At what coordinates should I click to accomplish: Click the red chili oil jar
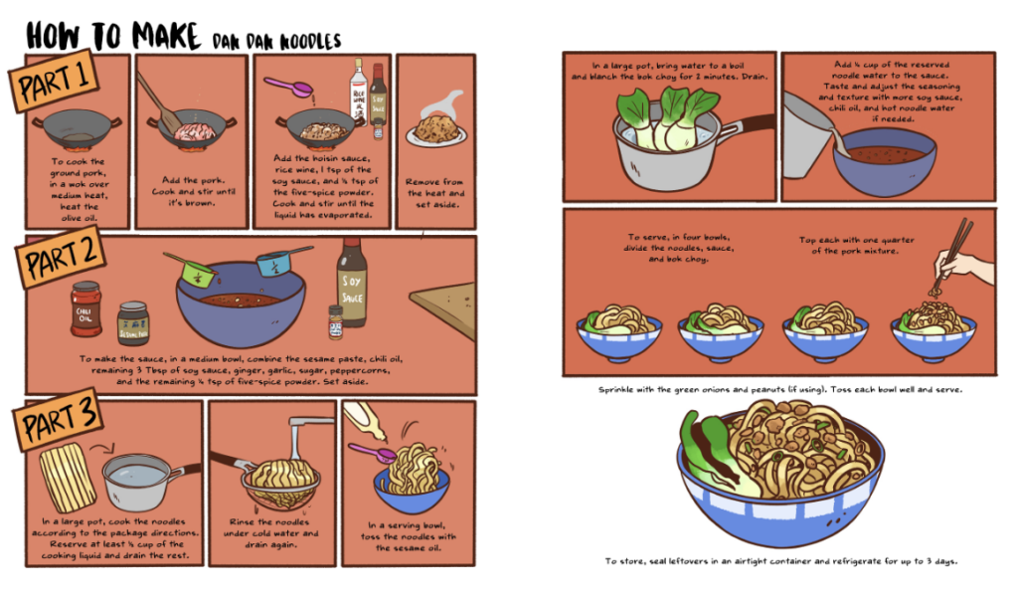(86, 307)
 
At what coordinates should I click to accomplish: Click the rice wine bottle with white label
(358, 96)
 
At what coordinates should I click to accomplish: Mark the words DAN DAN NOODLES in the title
(275, 41)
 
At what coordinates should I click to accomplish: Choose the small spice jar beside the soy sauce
(336, 321)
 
